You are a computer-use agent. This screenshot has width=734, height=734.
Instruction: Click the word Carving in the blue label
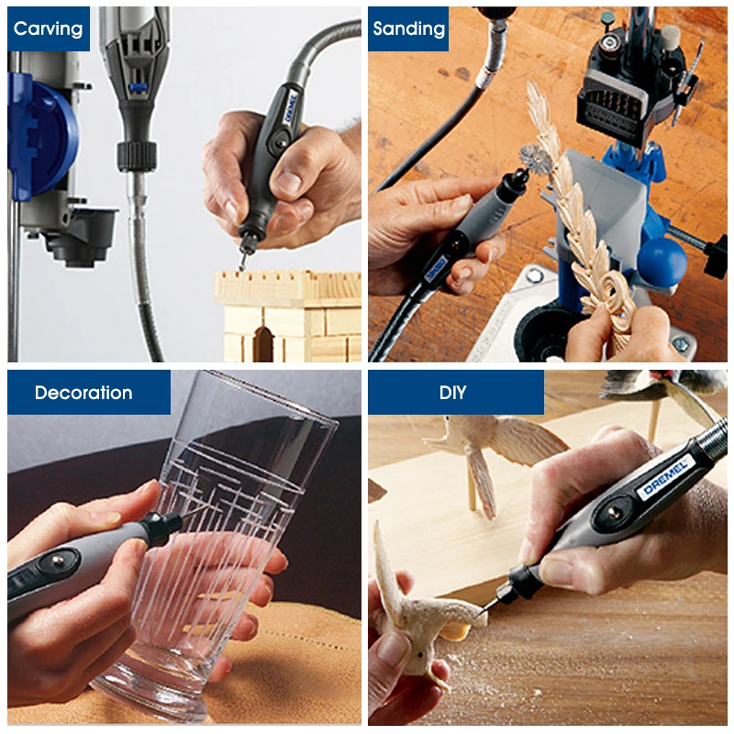point(49,28)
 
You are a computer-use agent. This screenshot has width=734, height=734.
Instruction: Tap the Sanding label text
point(408,28)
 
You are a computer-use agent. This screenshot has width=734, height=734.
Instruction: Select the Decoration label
point(83,393)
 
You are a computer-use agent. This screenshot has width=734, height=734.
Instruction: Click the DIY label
point(452,393)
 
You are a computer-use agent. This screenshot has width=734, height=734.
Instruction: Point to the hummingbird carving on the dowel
point(486,440)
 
